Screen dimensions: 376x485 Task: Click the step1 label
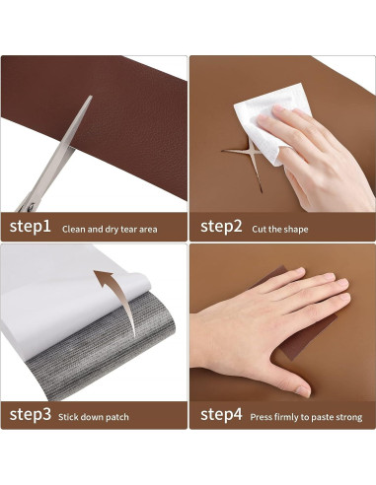pyautogui.click(x=31, y=227)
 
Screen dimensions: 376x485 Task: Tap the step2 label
pyautogui.click(x=221, y=227)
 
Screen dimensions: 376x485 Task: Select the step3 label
pyautogui.click(x=31, y=414)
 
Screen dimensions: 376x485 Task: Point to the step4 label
pyautogui.click(x=221, y=414)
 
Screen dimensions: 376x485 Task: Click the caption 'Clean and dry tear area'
pyautogui.click(x=110, y=229)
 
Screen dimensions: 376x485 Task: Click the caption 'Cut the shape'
pyautogui.click(x=280, y=229)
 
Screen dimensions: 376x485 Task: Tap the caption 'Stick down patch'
pyautogui.click(x=94, y=417)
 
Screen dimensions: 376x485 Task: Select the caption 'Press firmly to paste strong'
pyautogui.click(x=306, y=417)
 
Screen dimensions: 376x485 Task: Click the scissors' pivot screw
pyautogui.click(x=31, y=206)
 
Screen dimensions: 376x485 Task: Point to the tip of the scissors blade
pyautogui.click(x=91, y=96)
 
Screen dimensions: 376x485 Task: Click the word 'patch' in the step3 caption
pyautogui.click(x=117, y=417)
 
